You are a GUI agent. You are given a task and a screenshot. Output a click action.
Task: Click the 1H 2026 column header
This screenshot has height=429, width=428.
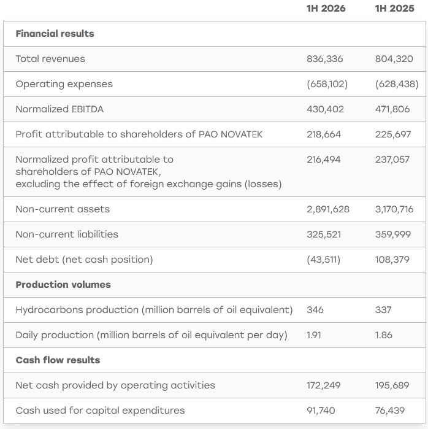tap(326, 9)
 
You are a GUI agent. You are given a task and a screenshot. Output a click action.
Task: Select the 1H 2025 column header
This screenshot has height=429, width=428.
tap(394, 9)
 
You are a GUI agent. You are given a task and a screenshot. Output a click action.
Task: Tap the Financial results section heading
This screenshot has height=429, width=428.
tap(55, 34)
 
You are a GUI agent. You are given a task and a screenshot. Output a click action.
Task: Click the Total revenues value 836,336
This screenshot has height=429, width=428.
tap(325, 59)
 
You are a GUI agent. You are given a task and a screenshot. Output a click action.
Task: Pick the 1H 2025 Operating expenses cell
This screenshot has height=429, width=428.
tap(397, 84)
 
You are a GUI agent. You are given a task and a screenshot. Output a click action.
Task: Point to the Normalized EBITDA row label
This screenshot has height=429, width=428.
tap(59, 109)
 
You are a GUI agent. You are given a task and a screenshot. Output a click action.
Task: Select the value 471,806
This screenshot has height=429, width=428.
tap(392, 109)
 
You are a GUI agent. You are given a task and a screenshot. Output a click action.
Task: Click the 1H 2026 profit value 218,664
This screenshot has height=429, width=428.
tap(324, 134)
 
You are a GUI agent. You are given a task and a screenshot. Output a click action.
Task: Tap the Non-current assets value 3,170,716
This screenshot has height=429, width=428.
tap(394, 209)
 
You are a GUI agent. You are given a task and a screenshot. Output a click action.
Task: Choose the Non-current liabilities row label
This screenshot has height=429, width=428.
tap(67, 234)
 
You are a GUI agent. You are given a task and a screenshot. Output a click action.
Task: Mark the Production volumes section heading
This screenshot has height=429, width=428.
tap(63, 285)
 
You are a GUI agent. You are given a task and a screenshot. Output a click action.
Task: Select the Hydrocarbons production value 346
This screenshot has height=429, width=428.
tap(315, 310)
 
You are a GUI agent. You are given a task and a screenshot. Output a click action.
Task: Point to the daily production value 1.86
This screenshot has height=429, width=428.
tap(383, 335)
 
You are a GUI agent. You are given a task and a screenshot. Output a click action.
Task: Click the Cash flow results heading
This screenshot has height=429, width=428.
tap(58, 360)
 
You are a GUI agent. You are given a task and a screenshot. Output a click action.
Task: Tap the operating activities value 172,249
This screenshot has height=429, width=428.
tap(324, 385)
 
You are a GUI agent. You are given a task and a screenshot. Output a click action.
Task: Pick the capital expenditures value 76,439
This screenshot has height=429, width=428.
tap(390, 411)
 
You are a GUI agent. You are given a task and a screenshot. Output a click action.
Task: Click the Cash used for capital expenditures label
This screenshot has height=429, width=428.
tap(100, 411)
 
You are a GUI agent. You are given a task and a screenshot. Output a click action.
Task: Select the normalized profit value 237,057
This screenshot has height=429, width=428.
tap(392, 160)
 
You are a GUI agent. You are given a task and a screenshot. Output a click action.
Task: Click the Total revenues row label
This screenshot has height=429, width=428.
tap(50, 59)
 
